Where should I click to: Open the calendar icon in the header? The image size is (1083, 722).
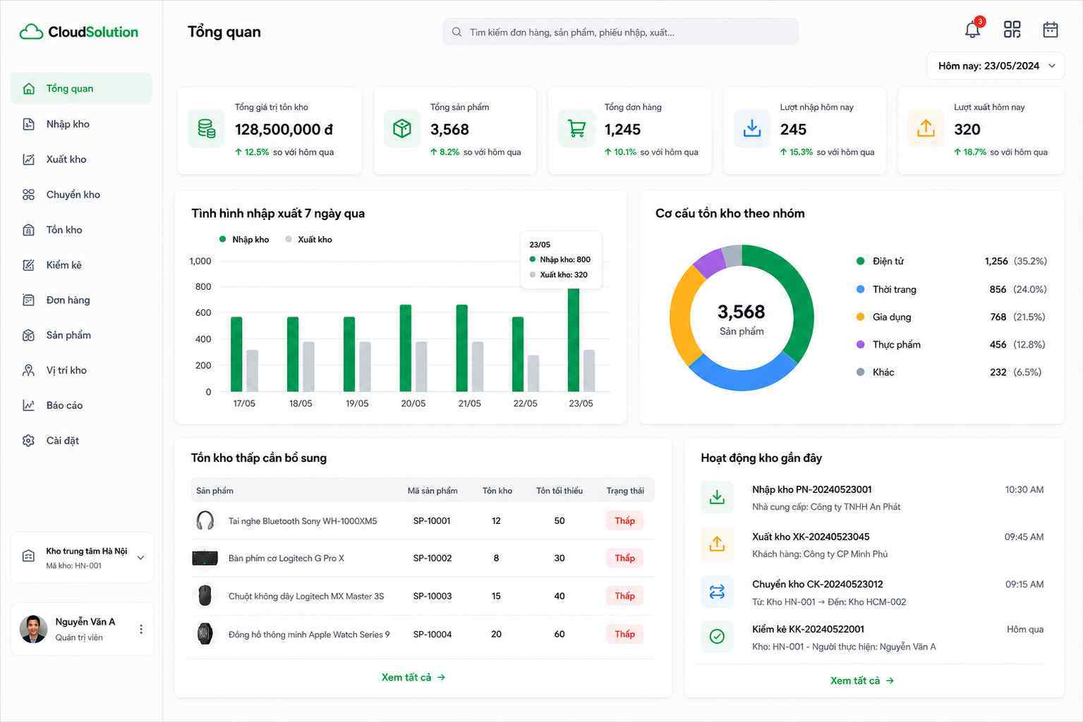click(1050, 30)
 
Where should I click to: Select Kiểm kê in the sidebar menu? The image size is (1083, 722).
click(63, 265)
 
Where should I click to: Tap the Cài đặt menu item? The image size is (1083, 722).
click(62, 440)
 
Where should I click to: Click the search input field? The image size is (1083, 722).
click(620, 32)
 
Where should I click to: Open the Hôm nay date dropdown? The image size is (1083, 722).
click(996, 66)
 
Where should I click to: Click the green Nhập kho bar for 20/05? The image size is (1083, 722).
click(406, 348)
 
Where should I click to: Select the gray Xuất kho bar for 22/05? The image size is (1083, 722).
click(533, 373)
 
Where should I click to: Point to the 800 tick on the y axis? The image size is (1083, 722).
click(203, 286)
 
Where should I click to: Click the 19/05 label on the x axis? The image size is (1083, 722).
click(357, 403)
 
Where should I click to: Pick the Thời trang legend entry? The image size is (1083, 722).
click(894, 289)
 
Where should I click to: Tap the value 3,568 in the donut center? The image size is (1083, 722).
click(742, 312)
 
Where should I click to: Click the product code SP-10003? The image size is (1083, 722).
click(432, 596)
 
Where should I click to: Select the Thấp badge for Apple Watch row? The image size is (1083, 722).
click(624, 634)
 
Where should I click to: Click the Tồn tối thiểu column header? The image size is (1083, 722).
click(559, 491)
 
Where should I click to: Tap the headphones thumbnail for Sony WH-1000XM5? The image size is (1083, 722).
click(205, 520)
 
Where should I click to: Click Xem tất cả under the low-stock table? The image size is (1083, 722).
click(413, 677)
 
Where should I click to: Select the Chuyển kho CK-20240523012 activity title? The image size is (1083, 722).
click(817, 584)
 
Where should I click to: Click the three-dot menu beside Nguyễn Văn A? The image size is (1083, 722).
click(140, 629)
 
